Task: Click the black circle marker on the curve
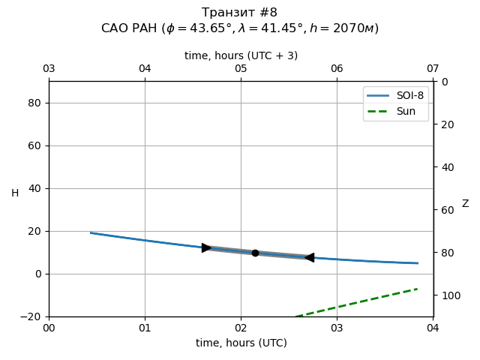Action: click(255, 253)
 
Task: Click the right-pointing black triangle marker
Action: click(206, 247)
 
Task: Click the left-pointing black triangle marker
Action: click(309, 257)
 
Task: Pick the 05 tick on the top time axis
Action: click(241, 69)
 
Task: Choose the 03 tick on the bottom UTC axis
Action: click(337, 328)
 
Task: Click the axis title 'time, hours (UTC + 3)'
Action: click(241, 55)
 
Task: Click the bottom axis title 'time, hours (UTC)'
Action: click(241, 343)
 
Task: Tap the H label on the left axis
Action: click(15, 193)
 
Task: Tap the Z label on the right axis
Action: click(465, 204)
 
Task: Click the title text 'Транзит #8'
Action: click(239, 13)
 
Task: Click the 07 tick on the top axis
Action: click(433, 69)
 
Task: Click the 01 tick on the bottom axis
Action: click(145, 328)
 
